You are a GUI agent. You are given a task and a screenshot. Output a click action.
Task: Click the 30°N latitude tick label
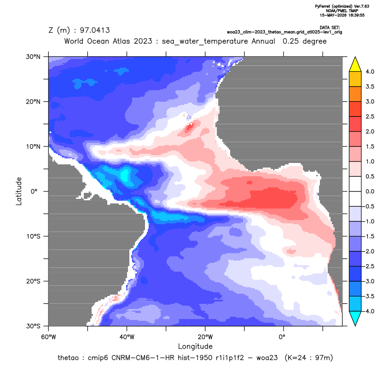click(x=33, y=57)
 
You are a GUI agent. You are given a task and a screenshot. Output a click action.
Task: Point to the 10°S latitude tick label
click(x=33, y=237)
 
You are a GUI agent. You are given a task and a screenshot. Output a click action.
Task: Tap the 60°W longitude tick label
click(x=48, y=337)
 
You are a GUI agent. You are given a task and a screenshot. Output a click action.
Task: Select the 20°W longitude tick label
click(x=205, y=337)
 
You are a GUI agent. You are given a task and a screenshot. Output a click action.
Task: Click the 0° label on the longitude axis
click(x=282, y=337)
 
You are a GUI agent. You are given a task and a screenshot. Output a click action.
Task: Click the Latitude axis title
click(x=19, y=191)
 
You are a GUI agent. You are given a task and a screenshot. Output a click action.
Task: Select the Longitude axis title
click(x=195, y=346)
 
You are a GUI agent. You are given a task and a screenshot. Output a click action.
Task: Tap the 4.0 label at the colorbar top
click(x=370, y=71)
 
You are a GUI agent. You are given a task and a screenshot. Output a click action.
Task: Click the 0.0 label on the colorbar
click(x=370, y=191)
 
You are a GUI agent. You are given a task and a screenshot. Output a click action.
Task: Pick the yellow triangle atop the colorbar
click(x=355, y=64)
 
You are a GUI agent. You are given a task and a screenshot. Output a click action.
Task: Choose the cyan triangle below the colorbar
click(x=355, y=319)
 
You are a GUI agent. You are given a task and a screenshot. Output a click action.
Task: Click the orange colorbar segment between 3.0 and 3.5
click(x=355, y=94)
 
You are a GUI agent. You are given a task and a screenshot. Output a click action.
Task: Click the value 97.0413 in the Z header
click(x=95, y=30)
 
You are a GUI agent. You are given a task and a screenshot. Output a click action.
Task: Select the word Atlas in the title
click(x=121, y=41)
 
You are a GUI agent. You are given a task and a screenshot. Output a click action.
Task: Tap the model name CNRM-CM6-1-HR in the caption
click(x=143, y=358)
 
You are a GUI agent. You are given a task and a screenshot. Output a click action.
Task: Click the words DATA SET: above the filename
click(x=330, y=28)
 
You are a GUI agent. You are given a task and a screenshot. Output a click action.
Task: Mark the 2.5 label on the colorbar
click(x=370, y=116)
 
